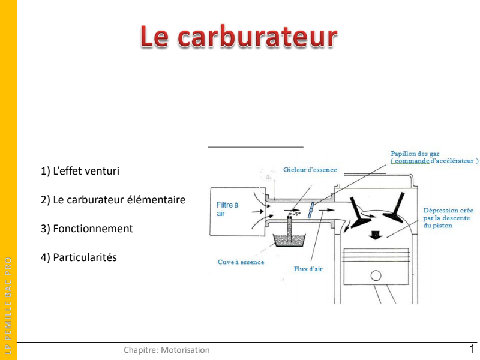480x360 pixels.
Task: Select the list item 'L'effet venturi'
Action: (x=80, y=171)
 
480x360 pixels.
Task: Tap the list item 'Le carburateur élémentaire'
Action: (x=113, y=200)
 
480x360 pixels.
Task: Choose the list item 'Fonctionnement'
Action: (x=87, y=229)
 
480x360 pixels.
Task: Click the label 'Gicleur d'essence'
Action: (x=310, y=170)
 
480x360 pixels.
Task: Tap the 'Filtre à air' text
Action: (x=227, y=209)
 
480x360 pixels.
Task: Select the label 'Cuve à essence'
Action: (x=241, y=262)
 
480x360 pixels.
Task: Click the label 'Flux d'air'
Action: (x=308, y=269)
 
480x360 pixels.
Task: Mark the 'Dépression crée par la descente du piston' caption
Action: (x=448, y=218)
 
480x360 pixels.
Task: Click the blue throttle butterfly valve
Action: (x=311, y=209)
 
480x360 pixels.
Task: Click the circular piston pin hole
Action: (x=376, y=275)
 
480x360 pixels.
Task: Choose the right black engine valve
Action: (x=396, y=208)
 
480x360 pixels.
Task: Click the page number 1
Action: (x=472, y=349)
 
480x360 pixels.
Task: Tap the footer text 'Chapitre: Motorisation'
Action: (x=167, y=350)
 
